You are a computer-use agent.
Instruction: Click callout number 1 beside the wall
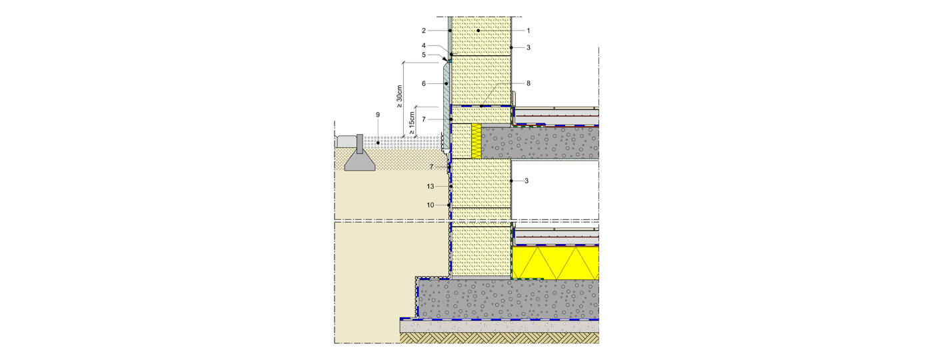click(x=528, y=31)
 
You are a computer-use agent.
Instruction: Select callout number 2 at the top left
click(x=424, y=31)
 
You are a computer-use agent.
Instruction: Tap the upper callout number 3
click(x=528, y=47)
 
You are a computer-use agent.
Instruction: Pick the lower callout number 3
click(x=526, y=181)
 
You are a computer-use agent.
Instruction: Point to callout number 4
click(x=424, y=46)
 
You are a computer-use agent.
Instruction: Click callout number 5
click(x=424, y=55)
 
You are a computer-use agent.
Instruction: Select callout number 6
click(x=424, y=84)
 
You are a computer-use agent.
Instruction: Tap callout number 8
click(x=528, y=83)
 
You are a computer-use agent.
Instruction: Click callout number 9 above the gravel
click(x=378, y=115)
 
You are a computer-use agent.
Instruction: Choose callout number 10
click(x=431, y=205)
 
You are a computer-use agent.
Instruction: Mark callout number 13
click(x=431, y=186)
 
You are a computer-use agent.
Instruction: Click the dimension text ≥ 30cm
click(x=399, y=97)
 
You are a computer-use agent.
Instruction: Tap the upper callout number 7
click(x=424, y=119)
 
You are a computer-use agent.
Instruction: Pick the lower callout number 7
click(x=432, y=167)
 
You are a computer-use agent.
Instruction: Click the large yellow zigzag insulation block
click(x=555, y=263)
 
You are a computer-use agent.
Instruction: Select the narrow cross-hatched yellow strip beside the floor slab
click(x=476, y=141)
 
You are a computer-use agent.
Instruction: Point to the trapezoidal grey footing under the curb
click(x=360, y=161)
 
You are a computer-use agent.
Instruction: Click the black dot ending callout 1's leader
click(x=478, y=31)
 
